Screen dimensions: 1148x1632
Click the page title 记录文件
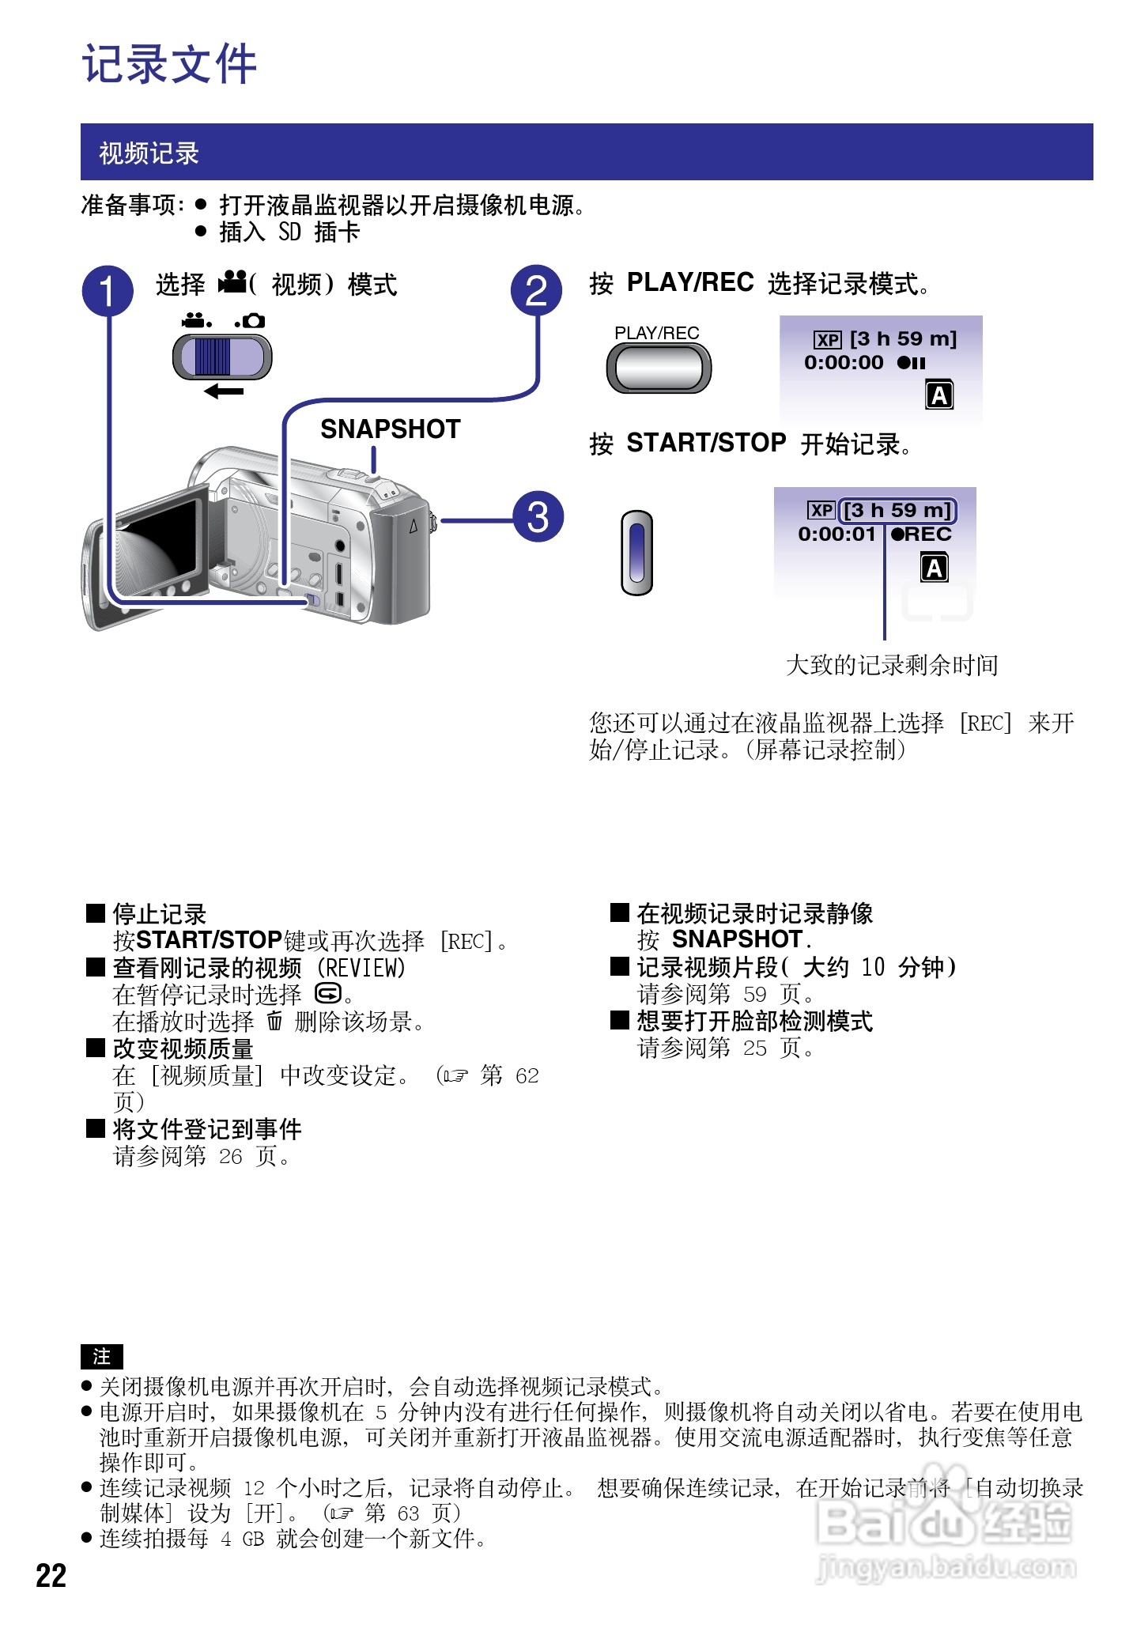coord(170,64)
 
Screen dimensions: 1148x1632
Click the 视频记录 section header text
coord(149,153)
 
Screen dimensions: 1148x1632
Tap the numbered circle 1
coord(108,290)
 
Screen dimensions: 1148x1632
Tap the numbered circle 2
coord(536,290)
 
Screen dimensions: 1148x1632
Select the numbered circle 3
coord(538,517)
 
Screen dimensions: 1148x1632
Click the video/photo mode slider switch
coord(222,357)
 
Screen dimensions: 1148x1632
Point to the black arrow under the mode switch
coord(224,391)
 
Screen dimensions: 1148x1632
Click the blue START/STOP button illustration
coord(637,552)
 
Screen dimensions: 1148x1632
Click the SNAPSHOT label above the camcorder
coord(391,429)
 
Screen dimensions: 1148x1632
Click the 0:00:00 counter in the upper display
coord(844,363)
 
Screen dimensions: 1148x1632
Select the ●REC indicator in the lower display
coord(921,535)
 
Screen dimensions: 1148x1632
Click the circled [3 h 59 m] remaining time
coord(897,511)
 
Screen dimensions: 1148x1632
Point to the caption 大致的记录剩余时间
coord(892,665)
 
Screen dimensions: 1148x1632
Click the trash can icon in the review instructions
coord(274,1021)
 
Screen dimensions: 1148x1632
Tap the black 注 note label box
coord(102,1357)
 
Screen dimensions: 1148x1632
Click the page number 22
coord(51,1576)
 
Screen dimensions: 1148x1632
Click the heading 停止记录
coord(160,914)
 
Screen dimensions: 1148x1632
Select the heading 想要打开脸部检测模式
coord(755,1021)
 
